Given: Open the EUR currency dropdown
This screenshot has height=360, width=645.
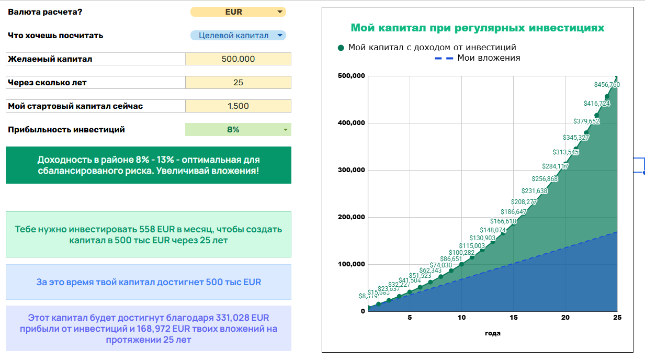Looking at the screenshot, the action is pos(238,12).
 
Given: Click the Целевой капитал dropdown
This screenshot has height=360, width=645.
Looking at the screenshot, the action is pos(238,36).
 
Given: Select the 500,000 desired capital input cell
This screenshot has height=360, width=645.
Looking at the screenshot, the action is pos(238,59).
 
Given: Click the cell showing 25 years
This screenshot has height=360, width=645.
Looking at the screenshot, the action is pos(238,83).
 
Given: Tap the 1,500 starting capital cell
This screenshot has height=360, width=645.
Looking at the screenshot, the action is pos(238,106).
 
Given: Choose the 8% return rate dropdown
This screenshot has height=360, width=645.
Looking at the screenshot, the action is pos(238,130).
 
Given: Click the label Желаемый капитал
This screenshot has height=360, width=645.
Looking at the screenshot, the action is pos(50,59).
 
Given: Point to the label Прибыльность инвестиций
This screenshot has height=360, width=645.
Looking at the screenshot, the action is pos(66,130).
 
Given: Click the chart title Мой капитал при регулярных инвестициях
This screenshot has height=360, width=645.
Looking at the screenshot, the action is pos(478,28).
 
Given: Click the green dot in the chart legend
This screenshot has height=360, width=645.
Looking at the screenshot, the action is pos(341,48).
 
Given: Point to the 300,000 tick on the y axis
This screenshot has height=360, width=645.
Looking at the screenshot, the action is pos(352,170).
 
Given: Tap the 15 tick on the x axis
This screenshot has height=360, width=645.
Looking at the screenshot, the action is pos(513,318).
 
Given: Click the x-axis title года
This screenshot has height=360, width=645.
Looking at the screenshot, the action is pos(493,333).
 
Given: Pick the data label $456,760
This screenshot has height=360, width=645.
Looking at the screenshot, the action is pos(607,85).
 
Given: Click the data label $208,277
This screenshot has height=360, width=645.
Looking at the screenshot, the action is pos(524,202).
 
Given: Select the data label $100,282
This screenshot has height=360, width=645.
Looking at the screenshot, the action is pos(461,253).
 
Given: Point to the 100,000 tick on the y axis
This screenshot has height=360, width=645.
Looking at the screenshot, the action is pos(352,264).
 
